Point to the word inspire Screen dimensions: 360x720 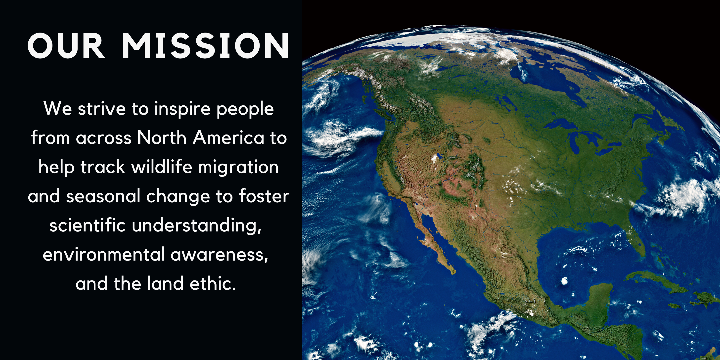tap(182, 109)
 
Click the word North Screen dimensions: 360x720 tap(162, 138)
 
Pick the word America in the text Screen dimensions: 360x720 tap(228, 138)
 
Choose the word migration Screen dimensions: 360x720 tap(238, 167)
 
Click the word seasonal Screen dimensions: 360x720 tap(103, 196)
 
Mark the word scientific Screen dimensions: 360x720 tap(88, 225)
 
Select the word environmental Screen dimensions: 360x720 tap(104, 254)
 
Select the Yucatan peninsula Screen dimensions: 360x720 tap(601, 296)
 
